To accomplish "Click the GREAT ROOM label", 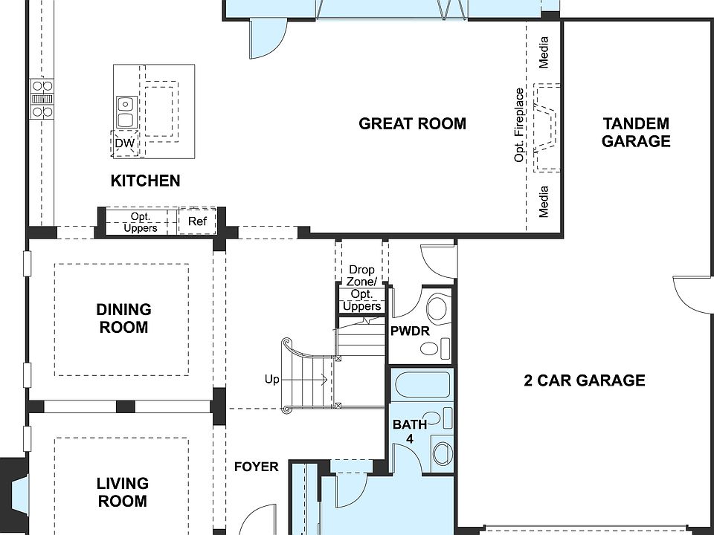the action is point(412,124).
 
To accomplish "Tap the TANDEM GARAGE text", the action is point(636,132).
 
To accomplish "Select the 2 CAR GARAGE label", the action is point(585,380).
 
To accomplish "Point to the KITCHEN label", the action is point(145,181).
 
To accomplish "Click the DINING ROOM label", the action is point(123,318).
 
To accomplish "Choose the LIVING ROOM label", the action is point(123,492).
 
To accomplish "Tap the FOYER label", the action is point(257,467).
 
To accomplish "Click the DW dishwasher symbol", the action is point(125,143).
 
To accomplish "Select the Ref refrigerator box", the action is point(197,221).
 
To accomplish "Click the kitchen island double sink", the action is point(125,112).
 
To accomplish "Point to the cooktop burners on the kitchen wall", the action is point(42,99).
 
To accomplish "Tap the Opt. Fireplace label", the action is point(519,125).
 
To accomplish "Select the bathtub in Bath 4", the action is point(422,385).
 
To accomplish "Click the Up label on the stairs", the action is point(272,379).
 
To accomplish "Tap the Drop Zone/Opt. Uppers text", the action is point(362,288).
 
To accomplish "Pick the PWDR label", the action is point(410,331).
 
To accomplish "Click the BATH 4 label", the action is point(410,431).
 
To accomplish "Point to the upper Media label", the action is point(543,53).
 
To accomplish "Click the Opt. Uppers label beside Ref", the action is point(141,222).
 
